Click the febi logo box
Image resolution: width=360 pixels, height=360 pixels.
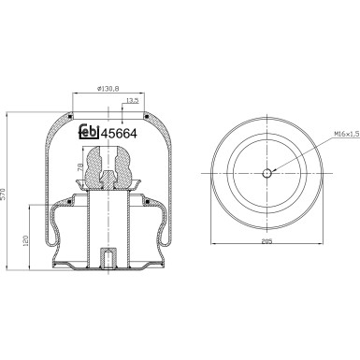click(87, 134)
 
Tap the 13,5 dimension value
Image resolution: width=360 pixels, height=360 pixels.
click(132, 100)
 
